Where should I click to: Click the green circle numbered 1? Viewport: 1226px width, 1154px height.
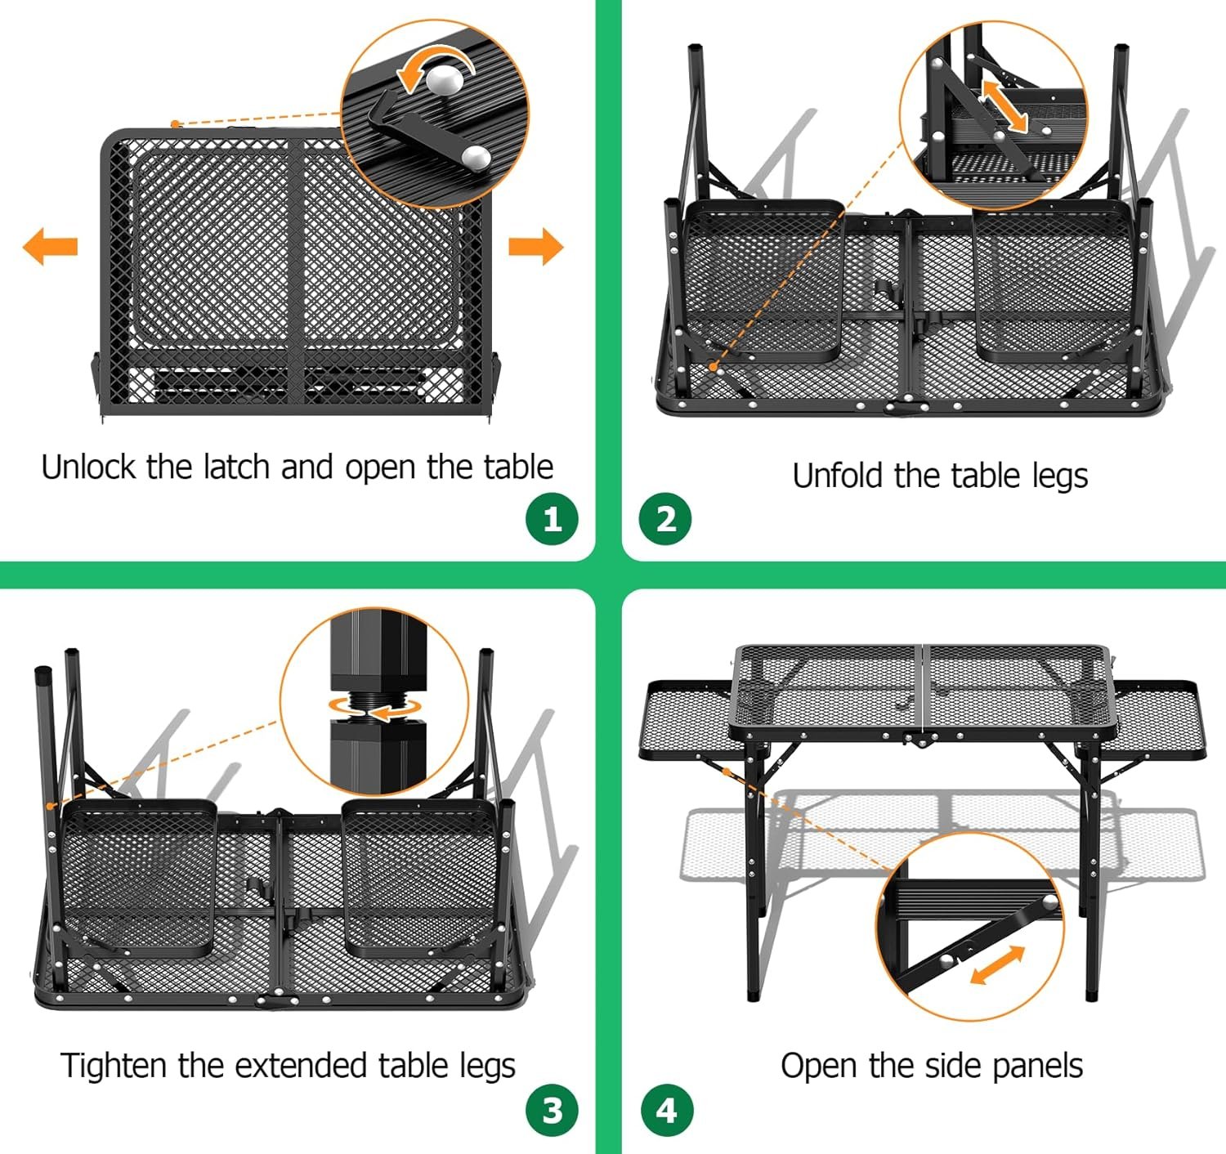tap(552, 519)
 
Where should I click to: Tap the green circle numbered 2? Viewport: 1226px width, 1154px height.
tap(665, 519)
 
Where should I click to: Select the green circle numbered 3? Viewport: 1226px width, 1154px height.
tap(552, 1110)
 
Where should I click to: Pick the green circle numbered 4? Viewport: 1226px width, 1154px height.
tap(665, 1110)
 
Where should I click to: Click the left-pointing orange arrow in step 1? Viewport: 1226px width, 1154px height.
tap(50, 246)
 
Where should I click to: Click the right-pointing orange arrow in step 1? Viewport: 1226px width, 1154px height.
tap(536, 246)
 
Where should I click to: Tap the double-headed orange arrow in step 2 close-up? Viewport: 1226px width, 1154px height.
tap(1005, 105)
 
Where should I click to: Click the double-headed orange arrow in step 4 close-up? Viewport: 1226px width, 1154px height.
tap(997, 965)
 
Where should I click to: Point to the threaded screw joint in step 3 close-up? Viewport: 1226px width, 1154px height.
tap(378, 705)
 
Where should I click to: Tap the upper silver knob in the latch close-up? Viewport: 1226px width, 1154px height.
tap(445, 80)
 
